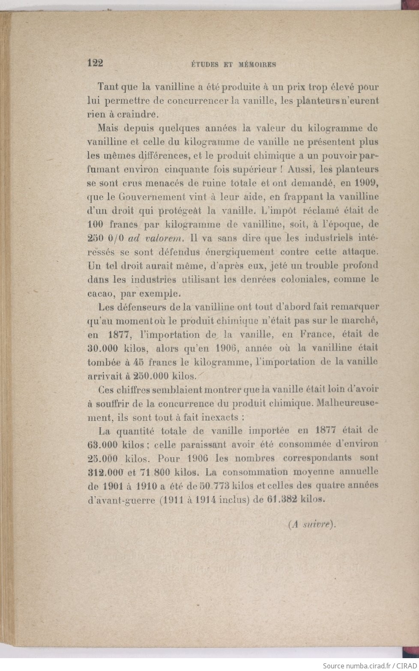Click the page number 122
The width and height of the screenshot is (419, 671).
click(x=95, y=63)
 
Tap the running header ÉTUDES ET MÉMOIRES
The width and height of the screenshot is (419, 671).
click(x=232, y=65)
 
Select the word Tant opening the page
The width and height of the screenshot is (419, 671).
click(x=108, y=86)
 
